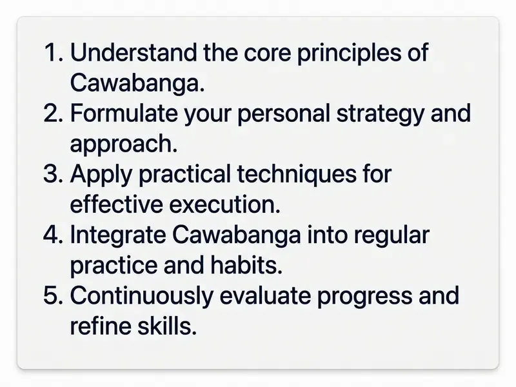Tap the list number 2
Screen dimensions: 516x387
(x=53, y=114)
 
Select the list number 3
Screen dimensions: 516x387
(x=53, y=174)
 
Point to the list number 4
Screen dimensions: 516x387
(x=53, y=235)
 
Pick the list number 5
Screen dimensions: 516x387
(x=53, y=295)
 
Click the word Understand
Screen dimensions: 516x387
(x=134, y=53)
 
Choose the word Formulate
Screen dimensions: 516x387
(x=124, y=114)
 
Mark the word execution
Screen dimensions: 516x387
(x=222, y=204)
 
